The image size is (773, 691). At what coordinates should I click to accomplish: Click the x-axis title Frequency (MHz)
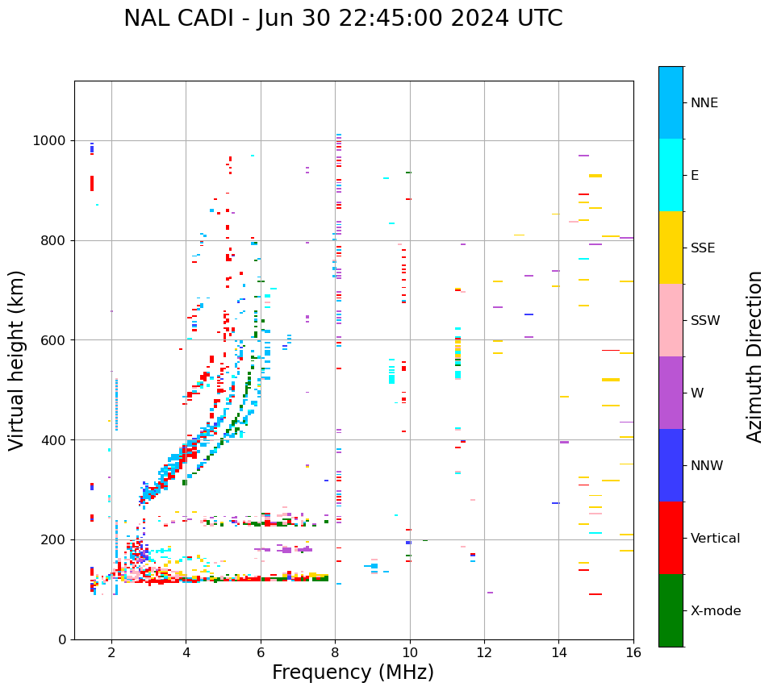353,672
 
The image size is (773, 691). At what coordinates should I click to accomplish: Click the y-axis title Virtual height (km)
17,360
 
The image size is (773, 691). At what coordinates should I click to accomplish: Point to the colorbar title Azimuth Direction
754,356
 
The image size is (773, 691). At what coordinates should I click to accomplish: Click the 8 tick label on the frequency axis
335,652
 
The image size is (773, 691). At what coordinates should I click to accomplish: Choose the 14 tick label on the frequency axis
558,652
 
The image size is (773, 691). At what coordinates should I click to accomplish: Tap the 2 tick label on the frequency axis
111,652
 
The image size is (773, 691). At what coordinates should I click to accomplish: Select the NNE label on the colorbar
704,103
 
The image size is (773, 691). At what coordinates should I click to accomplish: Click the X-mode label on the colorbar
715,611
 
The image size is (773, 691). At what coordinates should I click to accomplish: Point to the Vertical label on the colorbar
715,539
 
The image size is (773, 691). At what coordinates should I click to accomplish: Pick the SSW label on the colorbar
705,321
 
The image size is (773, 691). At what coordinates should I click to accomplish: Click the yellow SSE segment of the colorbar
671,248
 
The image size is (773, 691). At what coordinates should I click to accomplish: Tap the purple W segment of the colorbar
671,393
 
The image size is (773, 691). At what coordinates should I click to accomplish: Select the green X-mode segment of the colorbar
671,610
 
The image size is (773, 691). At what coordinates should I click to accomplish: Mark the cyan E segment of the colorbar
671,175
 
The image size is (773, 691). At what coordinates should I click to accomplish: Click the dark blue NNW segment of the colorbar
671,465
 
